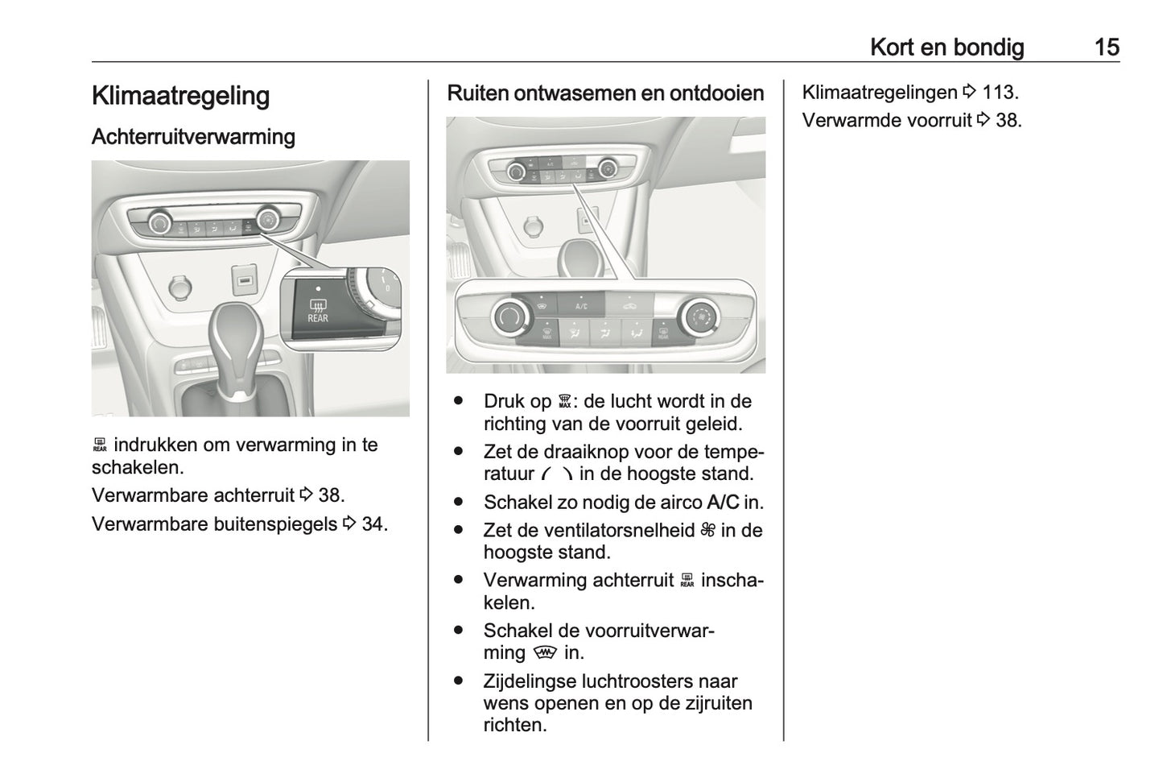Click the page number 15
1107,47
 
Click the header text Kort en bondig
946,47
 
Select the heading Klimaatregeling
180,96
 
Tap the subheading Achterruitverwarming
193,137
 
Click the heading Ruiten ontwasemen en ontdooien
605,93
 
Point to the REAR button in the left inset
317,309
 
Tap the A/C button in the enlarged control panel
581,305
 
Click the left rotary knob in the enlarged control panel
508,317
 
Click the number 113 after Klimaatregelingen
999,93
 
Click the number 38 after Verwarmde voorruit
1008,121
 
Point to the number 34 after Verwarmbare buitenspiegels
373,524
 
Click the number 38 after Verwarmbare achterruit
330,495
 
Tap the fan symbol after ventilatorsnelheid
707,530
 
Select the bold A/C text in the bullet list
722,503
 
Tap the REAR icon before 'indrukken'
100,445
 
